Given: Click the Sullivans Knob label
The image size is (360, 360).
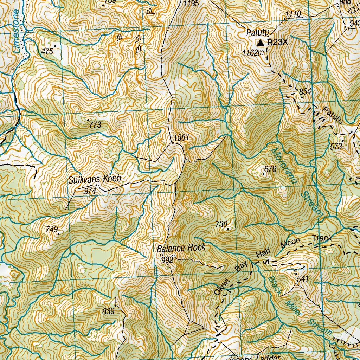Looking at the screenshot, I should click(95, 179).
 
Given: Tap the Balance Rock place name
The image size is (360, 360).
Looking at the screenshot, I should click(181, 248).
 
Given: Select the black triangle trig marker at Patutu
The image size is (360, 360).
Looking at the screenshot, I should click(261, 43).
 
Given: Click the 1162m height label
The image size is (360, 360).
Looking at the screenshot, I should click(253, 53).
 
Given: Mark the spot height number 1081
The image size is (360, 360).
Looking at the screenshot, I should click(181, 137).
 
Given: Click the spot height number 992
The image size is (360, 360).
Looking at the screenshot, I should click(167, 260).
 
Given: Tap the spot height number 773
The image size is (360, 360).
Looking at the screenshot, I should click(95, 125).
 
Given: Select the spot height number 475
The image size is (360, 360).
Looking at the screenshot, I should click(47, 52).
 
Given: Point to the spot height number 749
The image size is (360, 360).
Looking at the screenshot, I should click(52, 229).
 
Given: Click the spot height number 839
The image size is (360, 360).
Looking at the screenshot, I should click(109, 311).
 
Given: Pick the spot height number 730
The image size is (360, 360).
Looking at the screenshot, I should click(222, 224).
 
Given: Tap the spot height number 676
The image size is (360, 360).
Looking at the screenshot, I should click(271, 169).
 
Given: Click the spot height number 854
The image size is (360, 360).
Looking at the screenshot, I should click(306, 91).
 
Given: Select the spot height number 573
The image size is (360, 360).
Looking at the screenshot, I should click(336, 147).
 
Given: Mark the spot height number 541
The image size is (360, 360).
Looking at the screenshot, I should click(303, 279).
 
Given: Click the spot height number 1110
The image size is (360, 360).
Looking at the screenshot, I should click(293, 14).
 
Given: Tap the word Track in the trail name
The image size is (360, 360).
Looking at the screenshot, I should click(322, 238).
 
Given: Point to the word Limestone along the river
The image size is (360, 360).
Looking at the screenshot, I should click(15, 32).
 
